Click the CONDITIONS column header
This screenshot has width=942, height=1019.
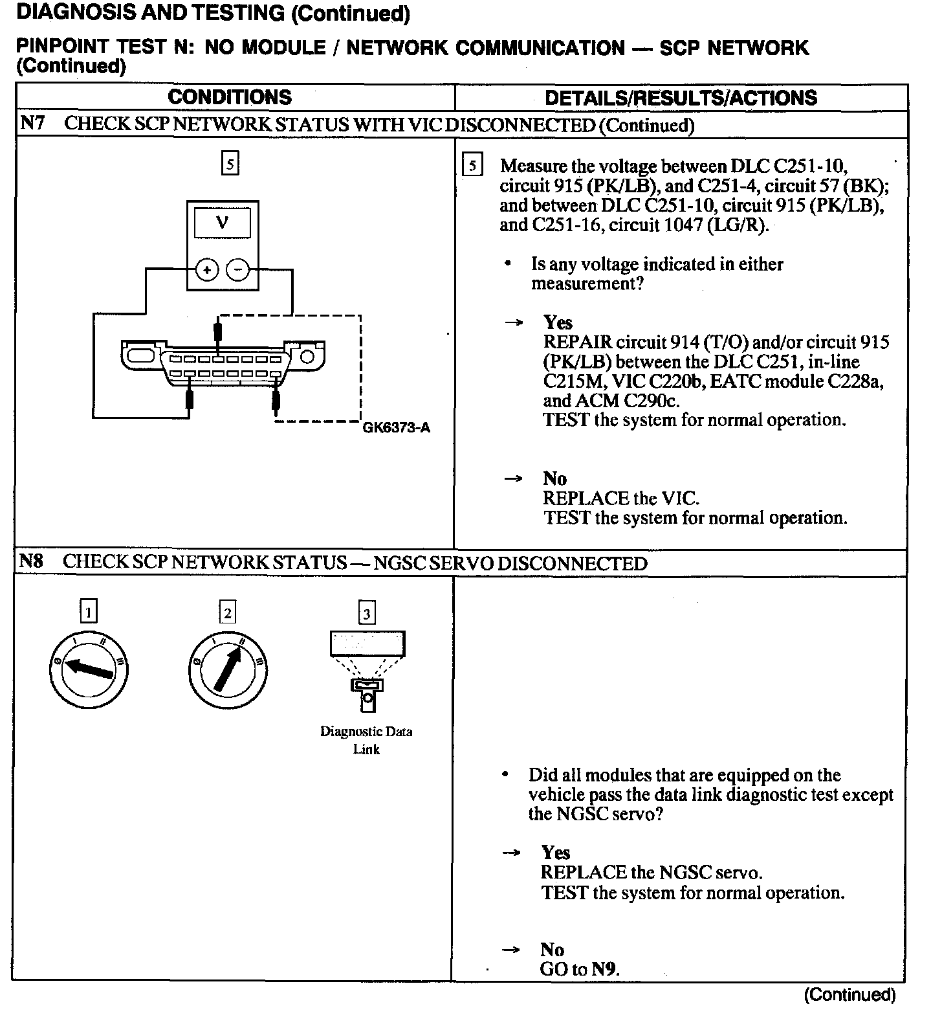(230, 97)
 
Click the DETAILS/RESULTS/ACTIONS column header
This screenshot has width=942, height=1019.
(681, 98)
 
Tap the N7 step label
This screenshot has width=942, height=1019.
(32, 123)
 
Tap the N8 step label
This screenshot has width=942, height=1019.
(31, 561)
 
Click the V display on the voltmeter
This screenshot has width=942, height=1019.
(222, 223)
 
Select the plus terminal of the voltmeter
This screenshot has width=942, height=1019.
(206, 270)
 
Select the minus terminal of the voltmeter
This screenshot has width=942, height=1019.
(239, 270)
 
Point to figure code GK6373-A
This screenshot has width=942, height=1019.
(396, 428)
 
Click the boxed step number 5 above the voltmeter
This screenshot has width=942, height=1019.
(230, 163)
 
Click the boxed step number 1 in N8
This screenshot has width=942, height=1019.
(88, 612)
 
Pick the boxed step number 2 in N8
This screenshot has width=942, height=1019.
(227, 612)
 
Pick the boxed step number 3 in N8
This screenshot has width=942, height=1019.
(367, 613)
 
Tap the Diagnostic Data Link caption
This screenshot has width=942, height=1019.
(366, 740)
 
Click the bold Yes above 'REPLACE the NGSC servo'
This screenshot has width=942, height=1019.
(556, 853)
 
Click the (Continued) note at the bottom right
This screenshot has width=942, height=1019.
(849, 994)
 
